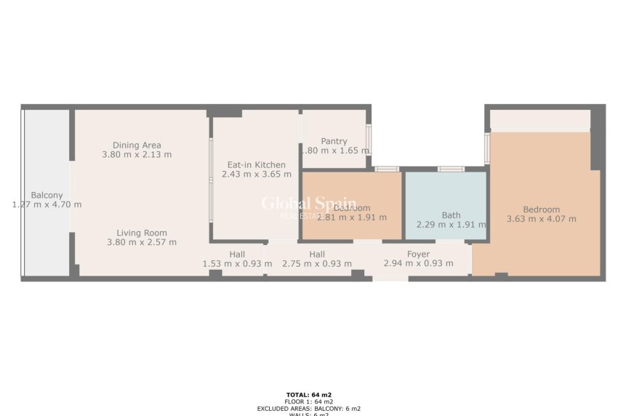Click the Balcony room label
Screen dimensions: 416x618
pos(47,195)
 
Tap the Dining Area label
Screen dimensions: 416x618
pos(137,145)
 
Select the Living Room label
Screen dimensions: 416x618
pos(141,233)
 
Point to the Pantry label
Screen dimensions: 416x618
pos(334,141)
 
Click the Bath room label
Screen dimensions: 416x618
pos(451,215)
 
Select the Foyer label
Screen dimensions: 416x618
pos(417,254)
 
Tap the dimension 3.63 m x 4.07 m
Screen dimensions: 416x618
pos(541,219)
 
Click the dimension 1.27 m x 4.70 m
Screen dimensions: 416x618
pos(47,204)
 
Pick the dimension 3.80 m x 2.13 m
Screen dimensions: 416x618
pos(137,154)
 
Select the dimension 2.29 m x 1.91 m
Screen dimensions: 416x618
pos(451,225)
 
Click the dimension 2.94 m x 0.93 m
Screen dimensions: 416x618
pos(417,263)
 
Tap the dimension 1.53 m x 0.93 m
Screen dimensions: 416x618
pos(237,263)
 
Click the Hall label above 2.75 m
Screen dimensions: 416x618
pos(316,254)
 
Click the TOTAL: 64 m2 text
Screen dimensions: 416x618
pos(309,394)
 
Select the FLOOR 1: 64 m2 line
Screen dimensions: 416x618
pos(309,401)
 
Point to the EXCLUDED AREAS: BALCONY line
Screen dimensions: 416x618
pos(309,409)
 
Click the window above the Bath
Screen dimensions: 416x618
pos(451,169)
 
